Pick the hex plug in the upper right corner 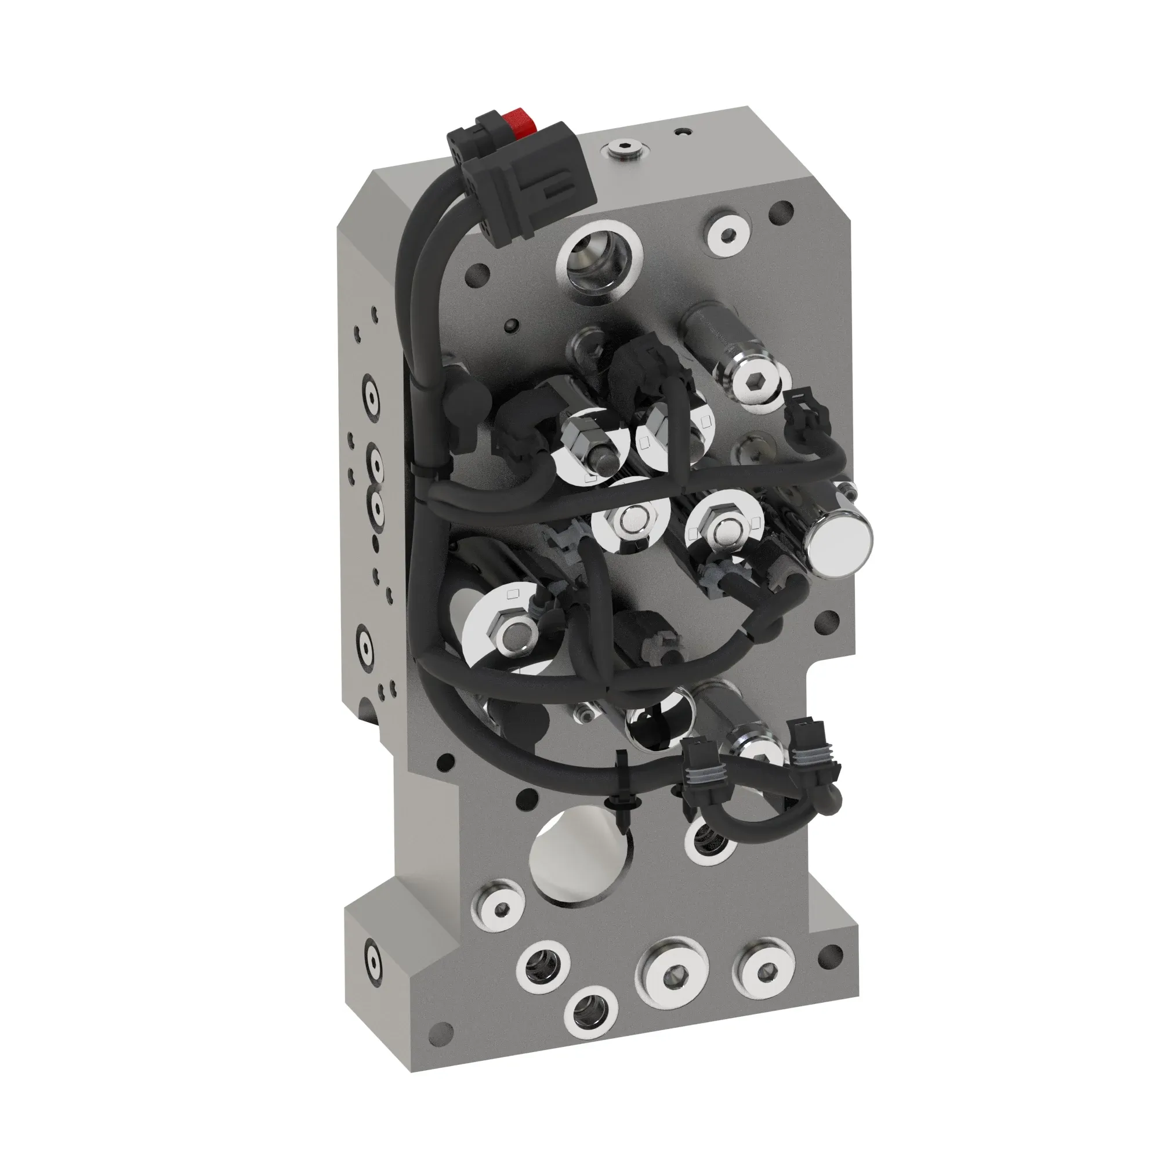coord(727,234)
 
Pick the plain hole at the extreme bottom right coord(831,953)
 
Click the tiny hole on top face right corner coord(681,131)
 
